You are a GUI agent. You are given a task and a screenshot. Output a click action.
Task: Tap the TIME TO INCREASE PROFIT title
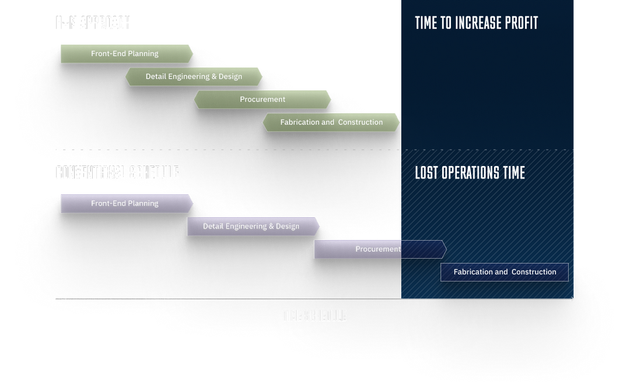tap(476, 23)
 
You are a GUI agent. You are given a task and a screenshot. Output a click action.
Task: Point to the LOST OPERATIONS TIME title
tap(470, 173)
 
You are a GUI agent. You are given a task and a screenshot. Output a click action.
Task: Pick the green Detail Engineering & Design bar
tap(194, 76)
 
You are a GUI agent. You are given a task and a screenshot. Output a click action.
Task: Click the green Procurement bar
tap(262, 100)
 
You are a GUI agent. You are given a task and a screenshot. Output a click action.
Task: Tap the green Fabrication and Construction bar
tap(331, 122)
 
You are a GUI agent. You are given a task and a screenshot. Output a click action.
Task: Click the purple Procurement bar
tap(379, 249)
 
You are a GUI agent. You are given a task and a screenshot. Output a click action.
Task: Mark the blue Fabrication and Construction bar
tap(505, 272)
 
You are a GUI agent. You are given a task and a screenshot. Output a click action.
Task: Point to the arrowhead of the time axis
tap(572, 299)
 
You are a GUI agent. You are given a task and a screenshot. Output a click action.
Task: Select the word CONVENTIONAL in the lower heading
tap(89, 173)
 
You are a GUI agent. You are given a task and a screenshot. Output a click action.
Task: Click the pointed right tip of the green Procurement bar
tap(330, 100)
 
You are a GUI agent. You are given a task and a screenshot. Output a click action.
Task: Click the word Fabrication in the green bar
tap(299, 122)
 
